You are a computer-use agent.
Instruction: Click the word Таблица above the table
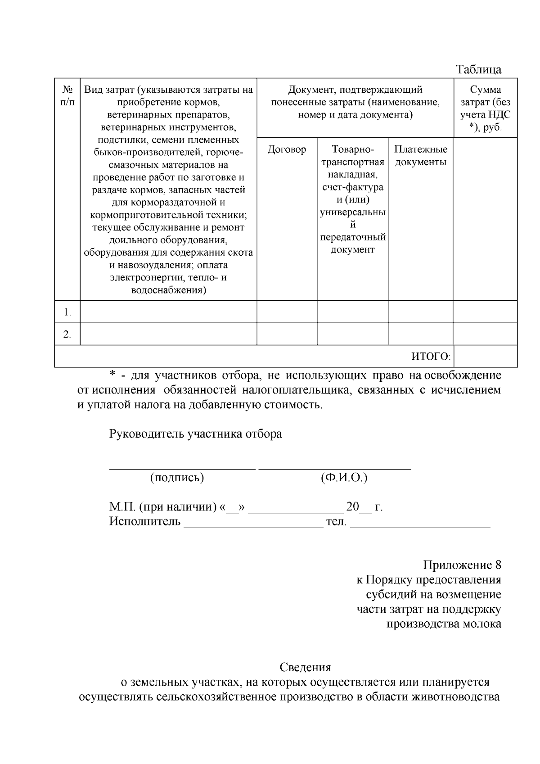click(479, 70)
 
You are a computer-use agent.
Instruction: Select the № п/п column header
click(67, 96)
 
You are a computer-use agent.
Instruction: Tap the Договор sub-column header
click(287, 149)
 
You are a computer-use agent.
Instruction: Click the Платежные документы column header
click(421, 156)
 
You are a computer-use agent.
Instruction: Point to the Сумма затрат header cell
click(485, 108)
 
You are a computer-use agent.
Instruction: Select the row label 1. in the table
click(67, 312)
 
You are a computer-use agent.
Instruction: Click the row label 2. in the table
click(67, 334)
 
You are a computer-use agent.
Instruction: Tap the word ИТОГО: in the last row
click(431, 357)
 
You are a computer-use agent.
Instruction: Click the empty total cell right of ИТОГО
click(485, 357)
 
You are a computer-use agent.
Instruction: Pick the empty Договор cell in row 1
click(287, 312)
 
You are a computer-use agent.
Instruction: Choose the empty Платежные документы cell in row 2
click(421, 334)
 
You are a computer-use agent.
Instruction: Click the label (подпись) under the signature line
click(177, 478)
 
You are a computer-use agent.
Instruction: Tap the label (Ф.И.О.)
click(344, 478)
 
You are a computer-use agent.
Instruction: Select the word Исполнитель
click(144, 522)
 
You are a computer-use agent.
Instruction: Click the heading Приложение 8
click(462, 565)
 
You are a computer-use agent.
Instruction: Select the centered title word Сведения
click(305, 667)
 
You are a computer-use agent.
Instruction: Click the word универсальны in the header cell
click(353, 212)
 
